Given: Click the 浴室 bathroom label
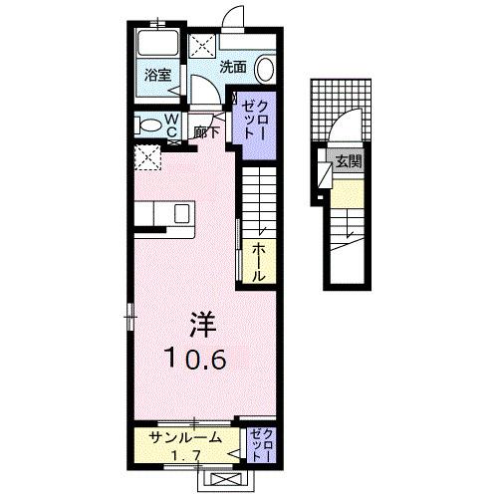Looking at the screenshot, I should click(x=156, y=75).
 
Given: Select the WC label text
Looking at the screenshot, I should click(x=171, y=124).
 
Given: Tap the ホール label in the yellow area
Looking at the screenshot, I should click(x=257, y=262).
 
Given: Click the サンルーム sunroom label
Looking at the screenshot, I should click(x=183, y=438).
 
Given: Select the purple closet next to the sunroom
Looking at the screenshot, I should click(x=262, y=446).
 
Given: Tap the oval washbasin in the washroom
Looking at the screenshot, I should click(x=265, y=69).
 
